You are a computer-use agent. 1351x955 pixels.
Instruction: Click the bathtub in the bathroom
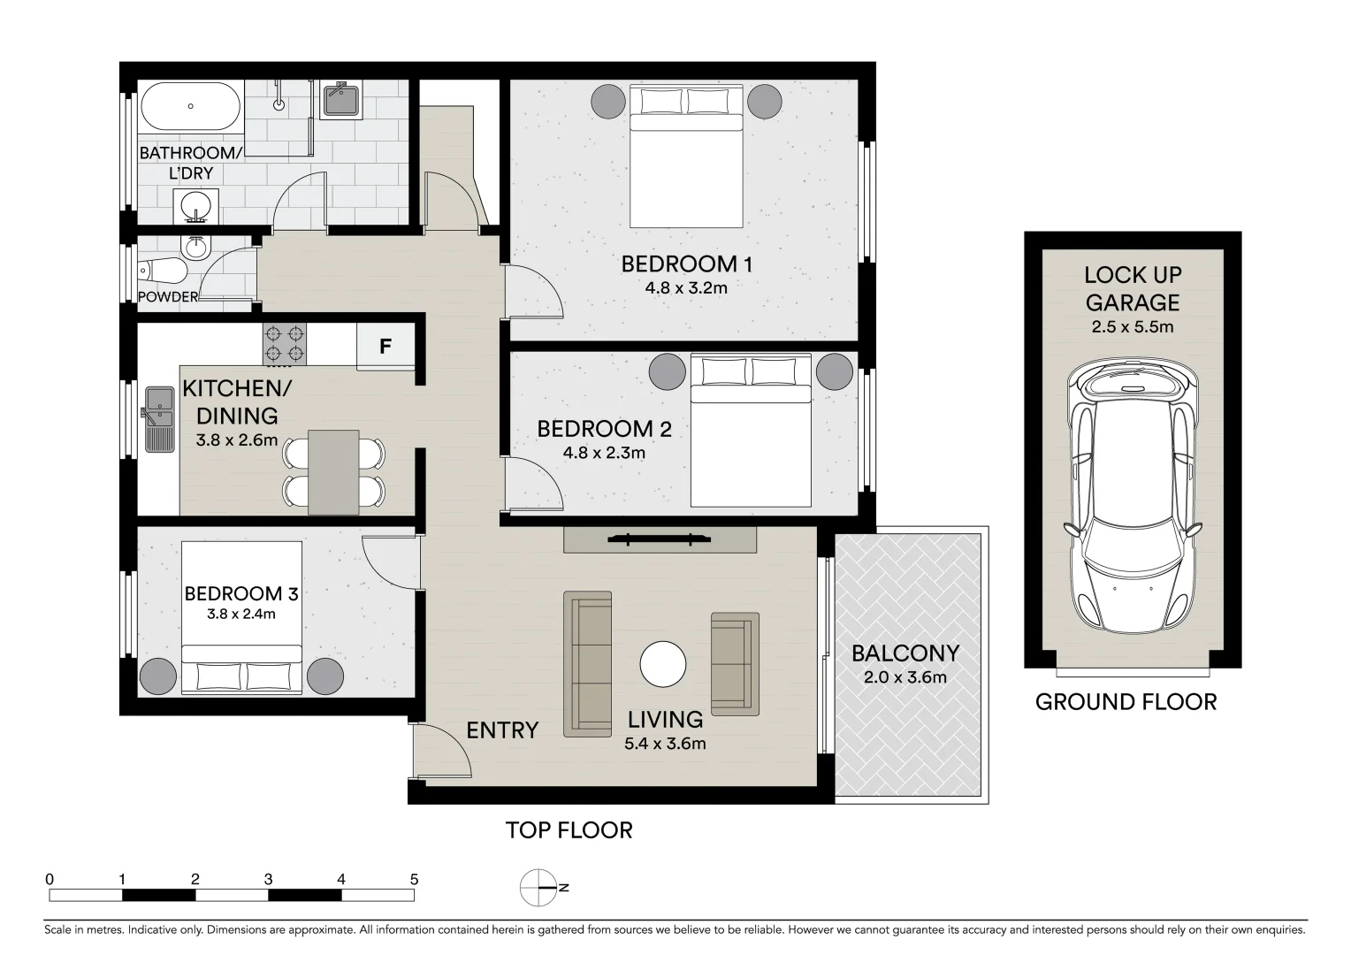point(190,106)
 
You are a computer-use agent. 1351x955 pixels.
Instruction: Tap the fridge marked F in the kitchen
point(385,347)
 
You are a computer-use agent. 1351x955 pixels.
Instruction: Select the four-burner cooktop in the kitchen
point(285,345)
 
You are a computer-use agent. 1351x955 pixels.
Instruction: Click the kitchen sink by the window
point(160,417)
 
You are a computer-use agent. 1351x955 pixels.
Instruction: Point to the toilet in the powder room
point(163,269)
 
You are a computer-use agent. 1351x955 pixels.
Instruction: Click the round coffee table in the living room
point(663,664)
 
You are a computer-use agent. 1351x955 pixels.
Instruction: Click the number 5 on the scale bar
point(414,880)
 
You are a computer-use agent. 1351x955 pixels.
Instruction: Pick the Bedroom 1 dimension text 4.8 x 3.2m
point(686,287)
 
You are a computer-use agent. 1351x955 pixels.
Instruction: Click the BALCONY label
point(905,653)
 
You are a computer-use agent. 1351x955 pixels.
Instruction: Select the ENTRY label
point(502,730)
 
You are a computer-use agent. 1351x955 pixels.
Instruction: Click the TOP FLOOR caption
point(569,830)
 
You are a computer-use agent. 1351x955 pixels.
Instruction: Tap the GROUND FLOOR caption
point(1126,702)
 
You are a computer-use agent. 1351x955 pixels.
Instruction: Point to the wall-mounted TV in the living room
point(660,539)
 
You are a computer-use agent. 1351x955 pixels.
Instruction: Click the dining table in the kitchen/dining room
point(333,472)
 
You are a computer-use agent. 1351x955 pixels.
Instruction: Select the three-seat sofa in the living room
point(588,663)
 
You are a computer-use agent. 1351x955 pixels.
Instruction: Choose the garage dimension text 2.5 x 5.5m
point(1133,327)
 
